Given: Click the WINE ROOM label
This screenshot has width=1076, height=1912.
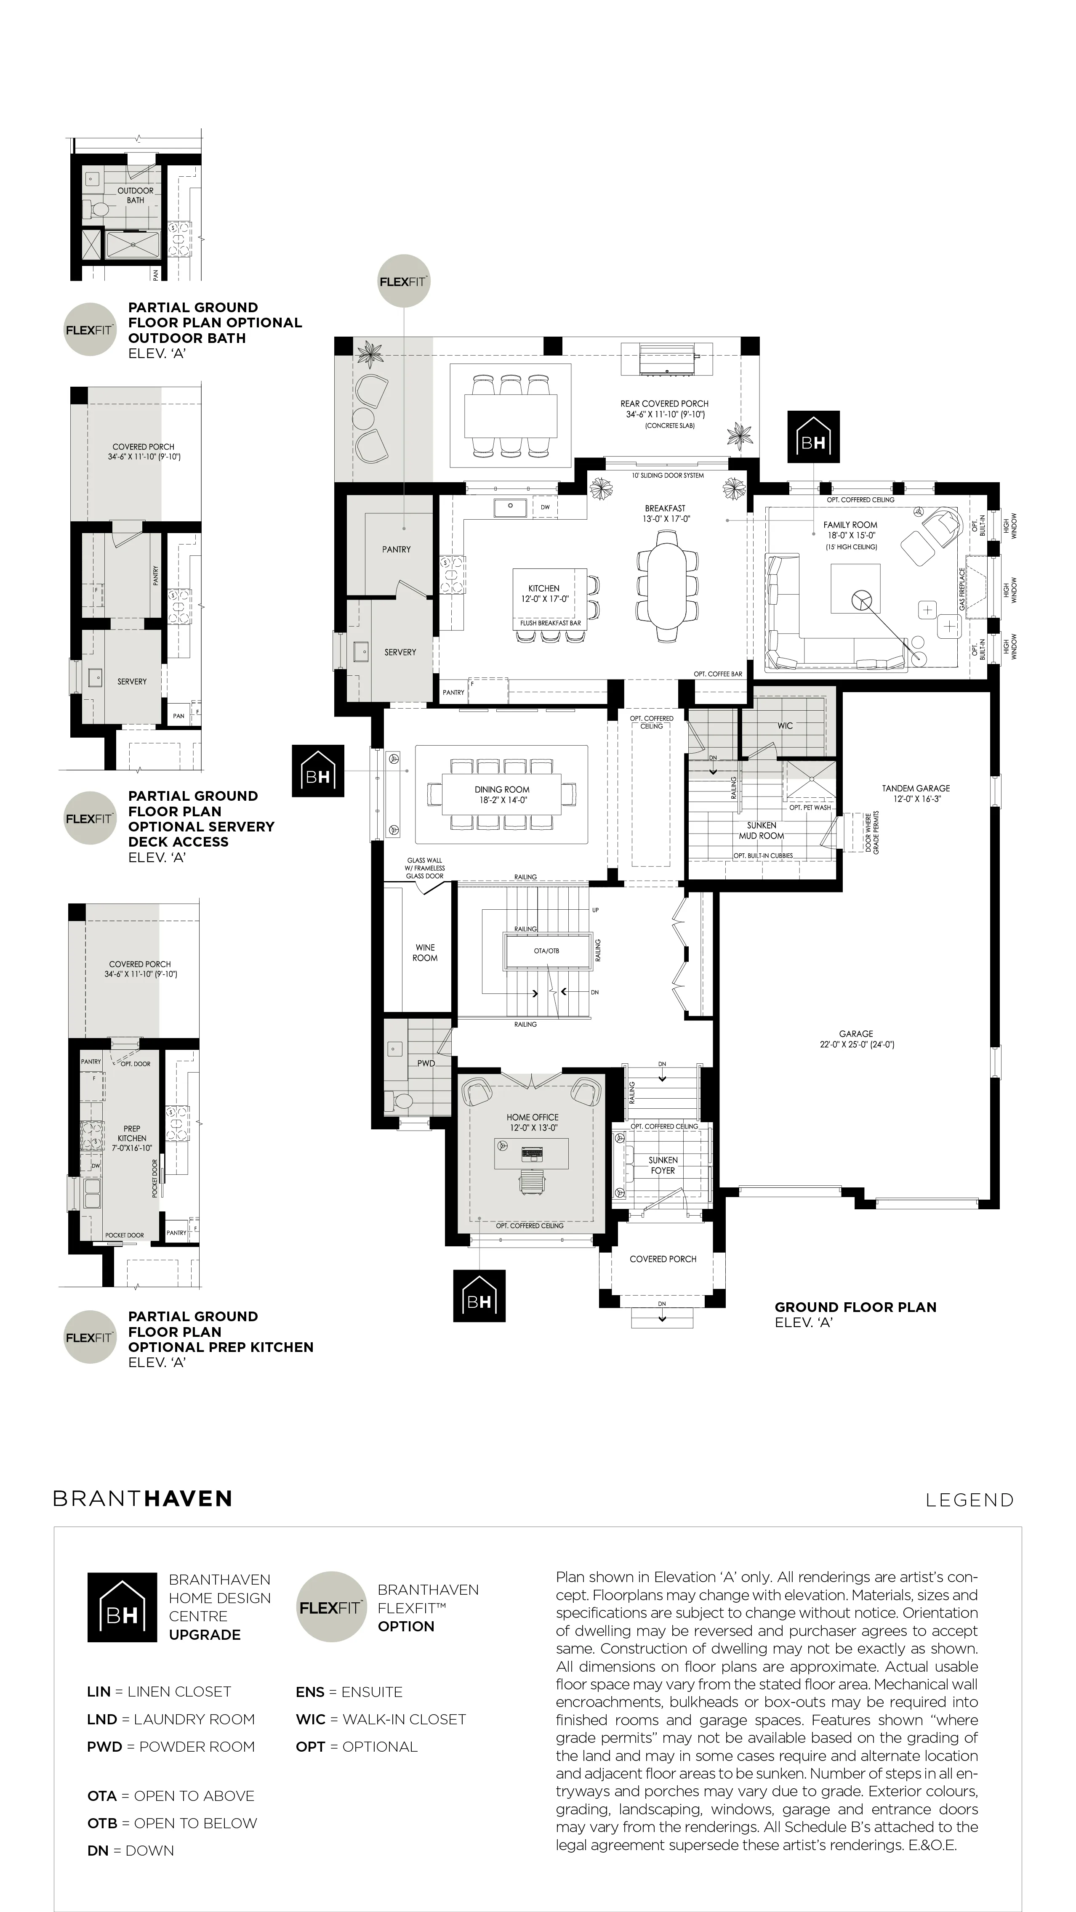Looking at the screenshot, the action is point(425,952).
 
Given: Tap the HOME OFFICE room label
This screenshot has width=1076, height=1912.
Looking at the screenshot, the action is point(533,1117).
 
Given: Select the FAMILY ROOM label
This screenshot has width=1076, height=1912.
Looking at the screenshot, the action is point(850,525).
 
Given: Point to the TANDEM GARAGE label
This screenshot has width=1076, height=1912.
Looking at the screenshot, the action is point(916,788).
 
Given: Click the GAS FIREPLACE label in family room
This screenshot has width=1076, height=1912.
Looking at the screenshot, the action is point(962,590).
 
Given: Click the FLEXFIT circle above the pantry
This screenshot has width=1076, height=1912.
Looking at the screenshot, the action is point(404,281).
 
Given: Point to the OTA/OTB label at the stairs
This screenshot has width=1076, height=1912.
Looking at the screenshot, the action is point(546,951).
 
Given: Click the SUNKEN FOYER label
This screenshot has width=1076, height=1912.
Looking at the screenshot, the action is point(663,1165).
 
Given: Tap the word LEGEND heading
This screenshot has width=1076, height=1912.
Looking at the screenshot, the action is point(970,1500).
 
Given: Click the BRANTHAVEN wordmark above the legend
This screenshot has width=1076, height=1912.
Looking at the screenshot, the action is point(143,1498).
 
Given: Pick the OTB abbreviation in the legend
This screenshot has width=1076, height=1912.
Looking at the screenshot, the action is point(102,1823).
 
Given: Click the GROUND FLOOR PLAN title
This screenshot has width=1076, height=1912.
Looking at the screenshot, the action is point(855,1307).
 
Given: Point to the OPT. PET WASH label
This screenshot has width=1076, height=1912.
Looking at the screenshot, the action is point(810,807).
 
